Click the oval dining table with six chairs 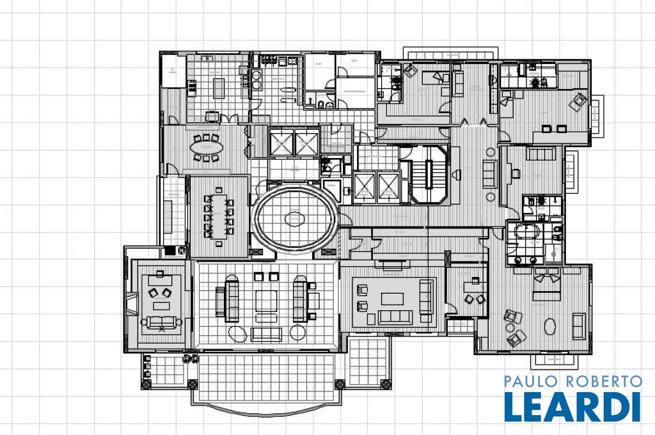pos(207,147)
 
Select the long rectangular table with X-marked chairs pos(219,216)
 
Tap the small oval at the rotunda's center pos(295,219)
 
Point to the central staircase pos(429,174)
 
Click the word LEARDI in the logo pos(572,406)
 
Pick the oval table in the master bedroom pos(550,326)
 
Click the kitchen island pos(219,88)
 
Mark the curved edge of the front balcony pos(265,411)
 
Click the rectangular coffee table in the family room pos(392,299)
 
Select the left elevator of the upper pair pos(281,143)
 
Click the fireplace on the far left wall pos(132,304)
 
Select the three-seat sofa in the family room pos(395,317)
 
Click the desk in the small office pos(475,286)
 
